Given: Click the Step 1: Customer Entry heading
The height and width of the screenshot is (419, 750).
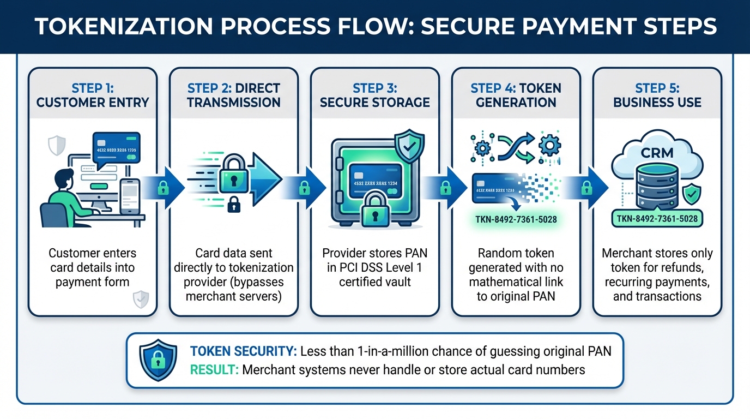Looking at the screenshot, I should tap(92, 95).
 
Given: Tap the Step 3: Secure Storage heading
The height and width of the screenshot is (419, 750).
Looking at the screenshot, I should tap(374, 95).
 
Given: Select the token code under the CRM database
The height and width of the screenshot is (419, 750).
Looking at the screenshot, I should tap(657, 219).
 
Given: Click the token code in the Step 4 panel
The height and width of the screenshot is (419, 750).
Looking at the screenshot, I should tap(516, 220).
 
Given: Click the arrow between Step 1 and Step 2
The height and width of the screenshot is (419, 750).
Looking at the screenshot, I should tap(163, 189).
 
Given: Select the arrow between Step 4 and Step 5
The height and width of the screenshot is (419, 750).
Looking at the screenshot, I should tap(586, 189).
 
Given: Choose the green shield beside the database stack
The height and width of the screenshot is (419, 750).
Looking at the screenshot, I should tap(692, 194).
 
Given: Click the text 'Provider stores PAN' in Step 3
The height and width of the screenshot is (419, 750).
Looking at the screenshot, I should tap(374, 253).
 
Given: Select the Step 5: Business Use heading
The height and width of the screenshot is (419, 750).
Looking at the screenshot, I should tap(657, 95).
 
